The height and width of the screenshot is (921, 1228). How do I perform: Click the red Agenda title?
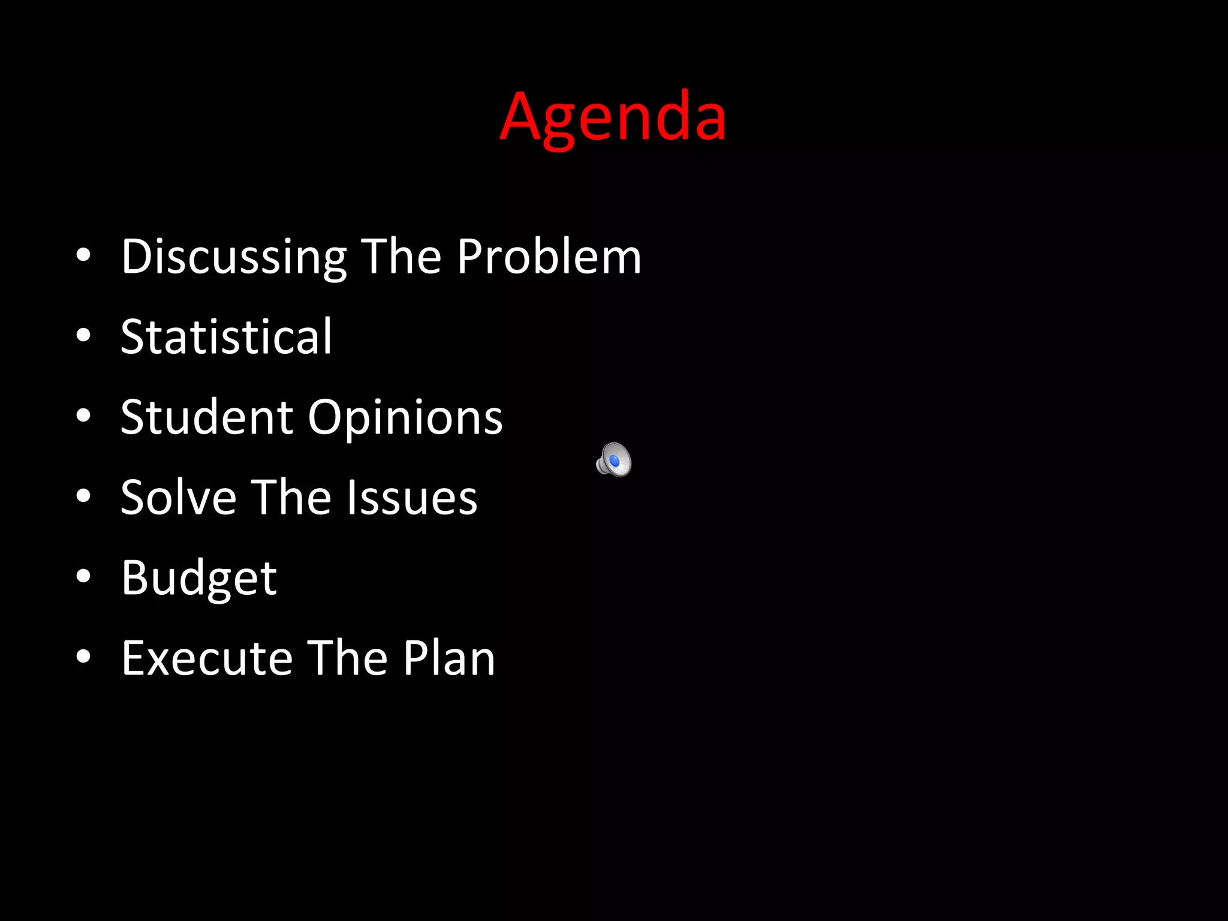(613, 117)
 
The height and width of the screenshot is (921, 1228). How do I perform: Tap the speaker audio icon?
(614, 460)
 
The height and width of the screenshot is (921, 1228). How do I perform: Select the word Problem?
(549, 257)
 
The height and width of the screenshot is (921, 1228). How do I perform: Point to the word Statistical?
(226, 336)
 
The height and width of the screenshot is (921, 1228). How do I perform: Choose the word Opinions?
(405, 418)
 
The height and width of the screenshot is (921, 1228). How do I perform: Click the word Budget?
(199, 578)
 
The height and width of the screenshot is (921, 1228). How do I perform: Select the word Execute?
(207, 658)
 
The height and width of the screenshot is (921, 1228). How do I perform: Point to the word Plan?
(449, 658)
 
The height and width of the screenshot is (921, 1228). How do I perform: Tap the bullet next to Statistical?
(83, 335)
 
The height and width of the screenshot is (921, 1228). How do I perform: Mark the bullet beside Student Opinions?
(83, 416)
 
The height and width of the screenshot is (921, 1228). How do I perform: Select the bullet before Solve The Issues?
(83, 496)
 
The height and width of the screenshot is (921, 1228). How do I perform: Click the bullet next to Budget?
(83, 576)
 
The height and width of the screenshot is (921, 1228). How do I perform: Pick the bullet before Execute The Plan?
(83, 657)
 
